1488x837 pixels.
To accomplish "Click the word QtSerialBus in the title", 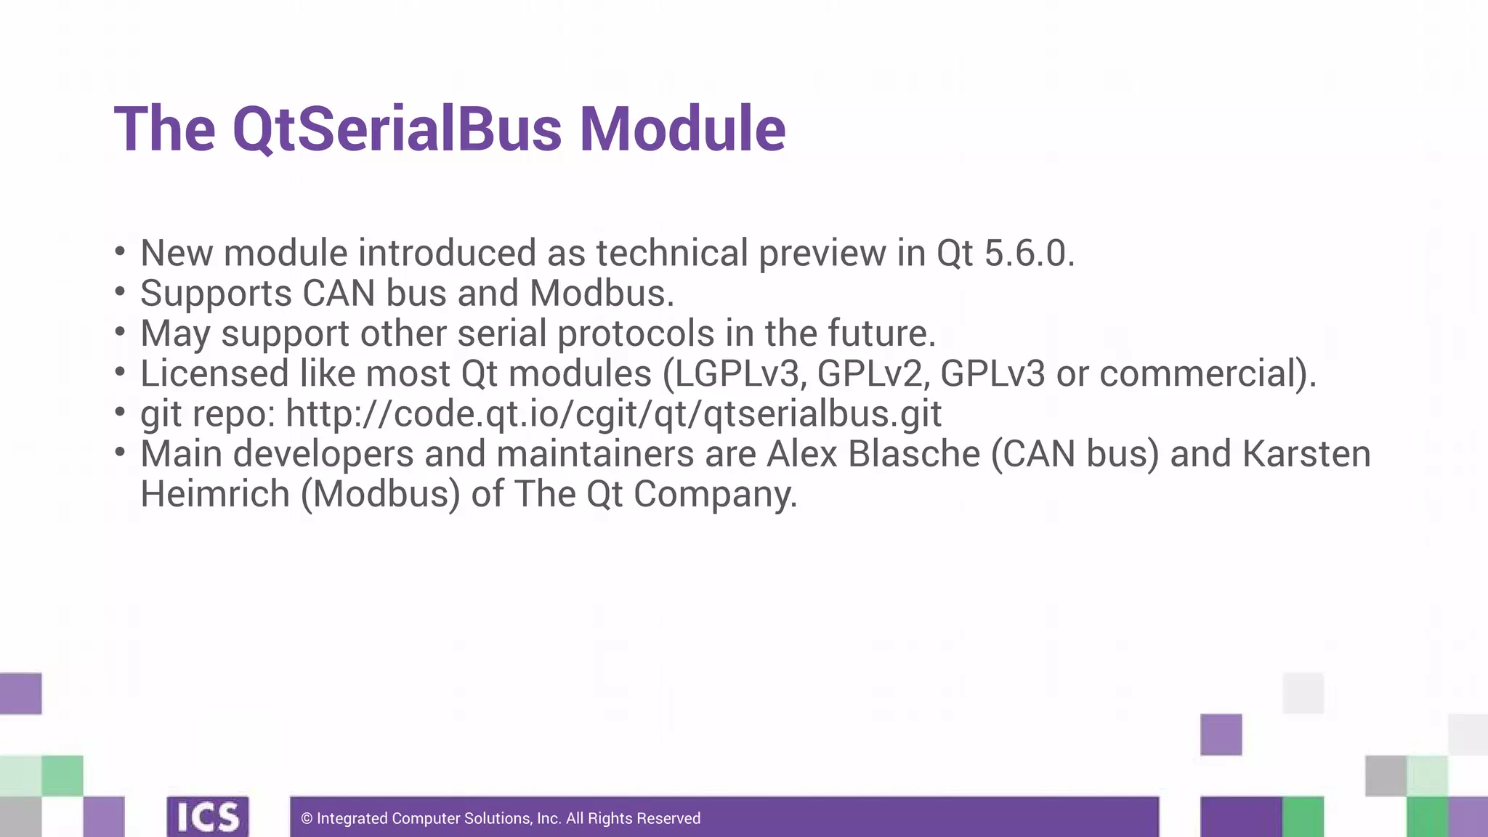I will tap(397, 129).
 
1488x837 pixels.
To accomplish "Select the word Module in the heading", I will tap(682, 129).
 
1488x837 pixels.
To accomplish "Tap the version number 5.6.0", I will tap(1029, 254).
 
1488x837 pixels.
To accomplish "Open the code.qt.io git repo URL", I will tap(613, 414).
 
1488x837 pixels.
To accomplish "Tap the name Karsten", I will tap(1306, 454).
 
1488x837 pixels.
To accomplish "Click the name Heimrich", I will tap(215, 494).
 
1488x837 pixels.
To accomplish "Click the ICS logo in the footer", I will tap(208, 817).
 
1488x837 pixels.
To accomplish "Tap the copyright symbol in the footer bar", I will tap(307, 819).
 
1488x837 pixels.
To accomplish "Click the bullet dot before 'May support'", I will tap(121, 332).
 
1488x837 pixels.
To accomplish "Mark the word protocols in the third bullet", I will tap(636, 334).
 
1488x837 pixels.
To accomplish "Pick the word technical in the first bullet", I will tap(672, 254).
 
